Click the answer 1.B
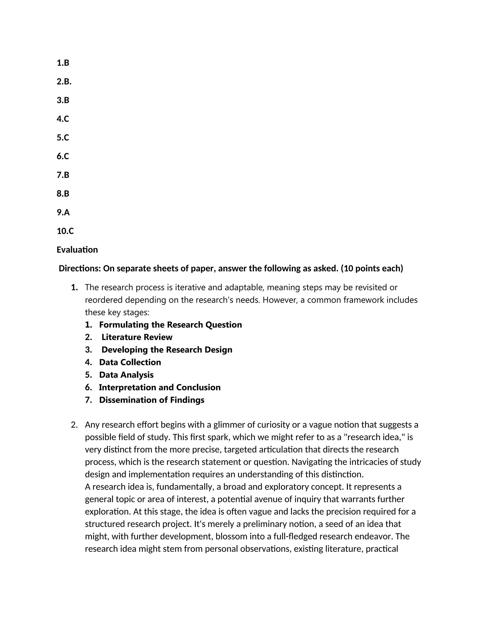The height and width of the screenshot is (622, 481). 63,63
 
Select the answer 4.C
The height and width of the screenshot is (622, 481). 63,119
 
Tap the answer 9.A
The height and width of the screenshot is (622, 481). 63,212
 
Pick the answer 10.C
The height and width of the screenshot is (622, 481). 65,231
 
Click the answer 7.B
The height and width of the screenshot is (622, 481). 63,175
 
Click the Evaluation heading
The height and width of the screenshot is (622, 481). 77,250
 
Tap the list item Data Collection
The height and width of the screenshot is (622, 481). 130,362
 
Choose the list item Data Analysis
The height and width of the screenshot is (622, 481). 126,375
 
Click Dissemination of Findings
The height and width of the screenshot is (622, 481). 151,400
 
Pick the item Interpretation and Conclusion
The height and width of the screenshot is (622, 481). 159,387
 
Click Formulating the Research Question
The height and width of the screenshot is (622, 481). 171,325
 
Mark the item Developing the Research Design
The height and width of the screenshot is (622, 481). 167,350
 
